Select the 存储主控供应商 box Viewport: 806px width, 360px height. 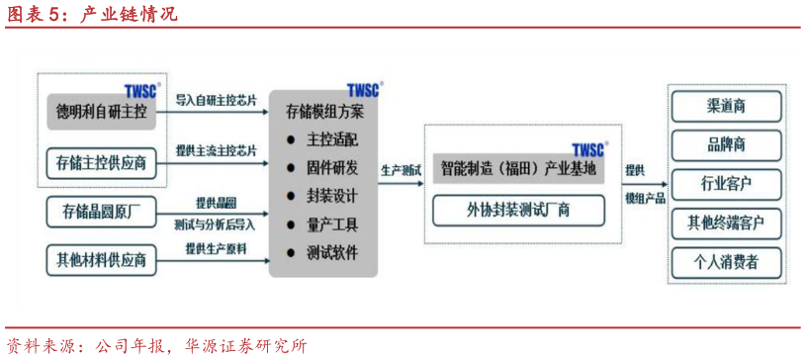coord(102,162)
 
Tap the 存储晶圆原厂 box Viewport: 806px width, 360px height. coord(102,212)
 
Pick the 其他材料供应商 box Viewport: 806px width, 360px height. coord(102,260)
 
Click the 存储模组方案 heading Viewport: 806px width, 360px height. coord(324,111)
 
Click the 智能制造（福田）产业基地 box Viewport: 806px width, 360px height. coord(519,168)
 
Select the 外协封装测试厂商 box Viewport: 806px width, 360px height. coord(519,210)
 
